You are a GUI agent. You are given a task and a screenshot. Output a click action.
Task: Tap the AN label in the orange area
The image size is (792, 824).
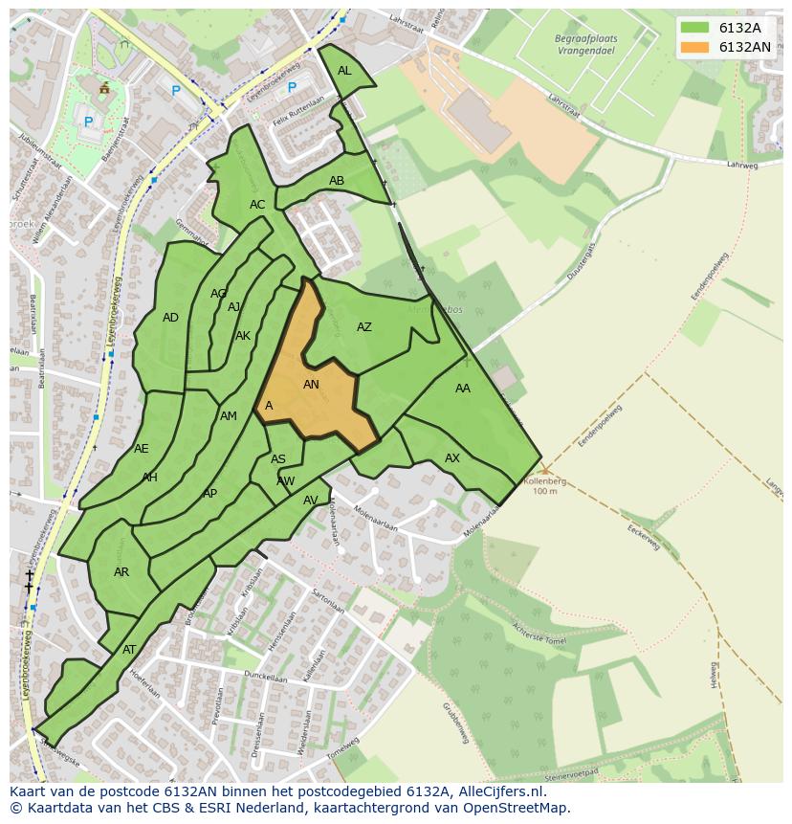(x=311, y=385)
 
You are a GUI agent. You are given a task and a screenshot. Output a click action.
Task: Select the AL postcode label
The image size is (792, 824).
(x=344, y=71)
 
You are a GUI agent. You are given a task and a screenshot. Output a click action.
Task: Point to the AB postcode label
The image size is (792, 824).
(x=337, y=181)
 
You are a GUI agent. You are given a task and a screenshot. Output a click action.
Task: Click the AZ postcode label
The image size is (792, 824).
(x=364, y=327)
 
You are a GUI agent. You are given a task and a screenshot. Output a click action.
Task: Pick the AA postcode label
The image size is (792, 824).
(x=463, y=389)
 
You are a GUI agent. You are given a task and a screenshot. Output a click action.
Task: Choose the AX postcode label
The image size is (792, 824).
(x=452, y=458)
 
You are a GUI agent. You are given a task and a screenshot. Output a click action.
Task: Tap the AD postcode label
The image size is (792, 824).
(x=170, y=318)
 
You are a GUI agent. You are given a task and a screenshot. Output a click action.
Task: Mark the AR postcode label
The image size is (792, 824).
(x=121, y=572)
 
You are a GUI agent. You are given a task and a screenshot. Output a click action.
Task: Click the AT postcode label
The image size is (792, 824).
(x=129, y=650)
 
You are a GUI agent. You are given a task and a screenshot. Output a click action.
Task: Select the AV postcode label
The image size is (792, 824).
(x=311, y=501)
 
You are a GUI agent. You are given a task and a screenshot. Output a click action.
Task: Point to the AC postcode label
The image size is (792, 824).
(x=257, y=205)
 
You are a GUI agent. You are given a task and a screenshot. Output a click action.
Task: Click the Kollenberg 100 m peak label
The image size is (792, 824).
(x=544, y=485)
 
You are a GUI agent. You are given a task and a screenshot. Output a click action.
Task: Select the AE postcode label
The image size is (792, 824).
(x=142, y=449)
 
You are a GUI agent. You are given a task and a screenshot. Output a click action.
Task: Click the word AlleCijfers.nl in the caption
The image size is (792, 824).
(x=497, y=791)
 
